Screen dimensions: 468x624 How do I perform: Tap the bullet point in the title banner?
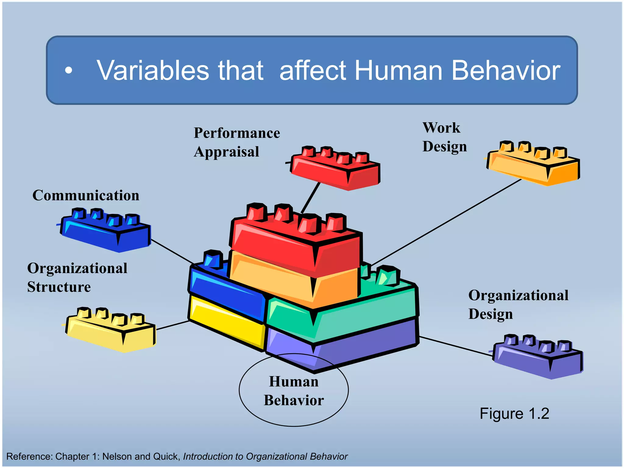click(69, 71)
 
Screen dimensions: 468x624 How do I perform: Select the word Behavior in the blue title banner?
click(506, 71)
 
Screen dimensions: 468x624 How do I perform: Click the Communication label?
click(86, 195)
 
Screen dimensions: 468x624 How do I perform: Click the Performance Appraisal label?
click(237, 142)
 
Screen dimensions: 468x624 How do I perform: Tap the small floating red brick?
click(335, 169)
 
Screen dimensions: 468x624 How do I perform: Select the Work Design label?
click(444, 137)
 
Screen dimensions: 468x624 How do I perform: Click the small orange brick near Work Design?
click(533, 165)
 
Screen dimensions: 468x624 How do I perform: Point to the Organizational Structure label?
click(77, 278)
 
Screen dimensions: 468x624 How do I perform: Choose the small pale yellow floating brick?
click(111, 331)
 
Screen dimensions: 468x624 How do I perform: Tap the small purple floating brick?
click(538, 358)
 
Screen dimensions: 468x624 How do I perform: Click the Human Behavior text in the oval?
click(294, 391)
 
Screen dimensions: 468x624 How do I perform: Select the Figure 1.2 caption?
click(514, 414)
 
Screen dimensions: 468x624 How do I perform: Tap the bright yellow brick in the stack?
click(225, 323)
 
